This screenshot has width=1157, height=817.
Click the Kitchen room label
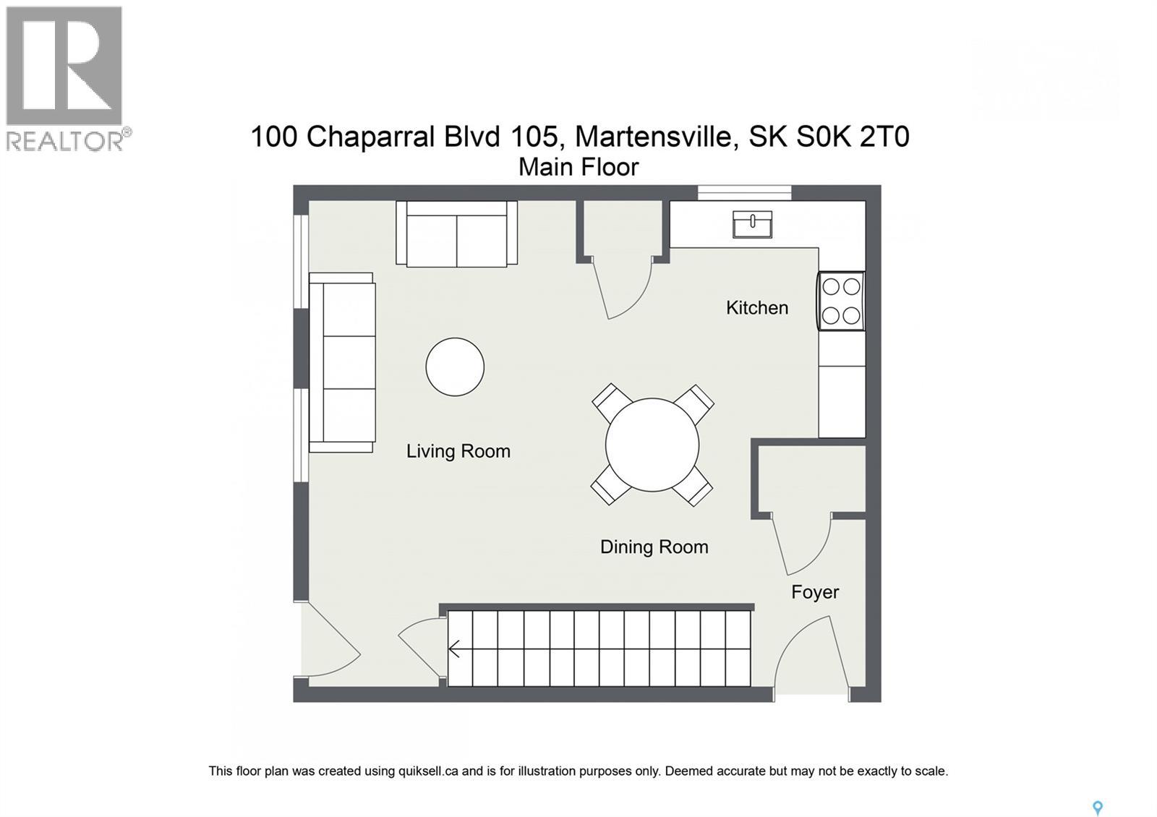click(756, 308)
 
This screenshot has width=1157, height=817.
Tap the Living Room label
click(458, 451)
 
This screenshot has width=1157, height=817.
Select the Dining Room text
click(654, 547)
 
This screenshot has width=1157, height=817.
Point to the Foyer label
click(814, 592)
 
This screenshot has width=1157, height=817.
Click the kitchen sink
click(752, 223)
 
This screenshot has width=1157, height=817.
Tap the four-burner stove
click(841, 301)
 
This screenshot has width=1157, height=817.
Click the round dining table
click(652, 445)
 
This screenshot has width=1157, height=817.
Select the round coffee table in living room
click(455, 367)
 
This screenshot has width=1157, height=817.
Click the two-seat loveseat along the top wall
click(456, 234)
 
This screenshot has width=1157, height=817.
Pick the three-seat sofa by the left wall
click(342, 362)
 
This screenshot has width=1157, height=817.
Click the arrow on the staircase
click(455, 649)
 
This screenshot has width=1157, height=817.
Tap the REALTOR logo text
click(65, 140)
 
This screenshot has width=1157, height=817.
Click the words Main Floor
click(578, 167)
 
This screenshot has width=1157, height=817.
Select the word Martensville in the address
click(657, 136)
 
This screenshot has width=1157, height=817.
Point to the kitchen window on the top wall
click(744, 192)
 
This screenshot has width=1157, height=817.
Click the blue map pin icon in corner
click(1097, 808)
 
